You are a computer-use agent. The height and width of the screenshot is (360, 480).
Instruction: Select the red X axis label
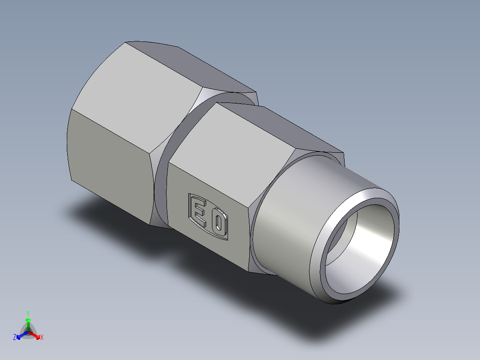pyautogui.click(x=42, y=338)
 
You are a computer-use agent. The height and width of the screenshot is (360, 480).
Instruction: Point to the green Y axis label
pyautogui.click(x=28, y=313)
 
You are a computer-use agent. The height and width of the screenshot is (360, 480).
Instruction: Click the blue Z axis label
pyautogui.click(x=15, y=338)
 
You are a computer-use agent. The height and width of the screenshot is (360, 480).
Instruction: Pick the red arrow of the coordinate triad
pyautogui.click(x=37, y=335)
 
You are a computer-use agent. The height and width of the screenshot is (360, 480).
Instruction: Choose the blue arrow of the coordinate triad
pyautogui.click(x=20, y=335)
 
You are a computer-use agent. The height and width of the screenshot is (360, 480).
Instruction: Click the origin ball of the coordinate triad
pyautogui.click(x=28, y=332)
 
